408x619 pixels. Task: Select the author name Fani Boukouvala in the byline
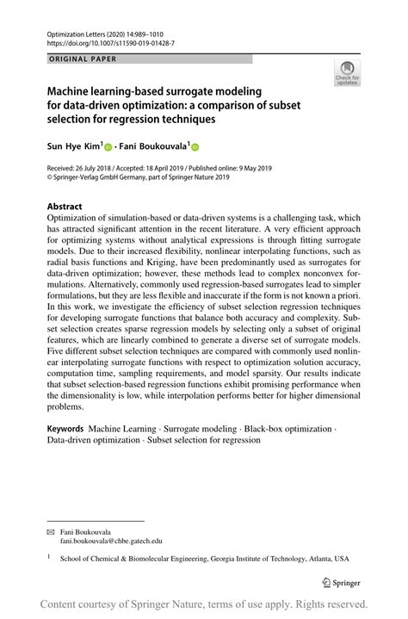[x=152, y=146]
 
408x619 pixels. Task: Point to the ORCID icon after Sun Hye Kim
[x=108, y=147]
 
